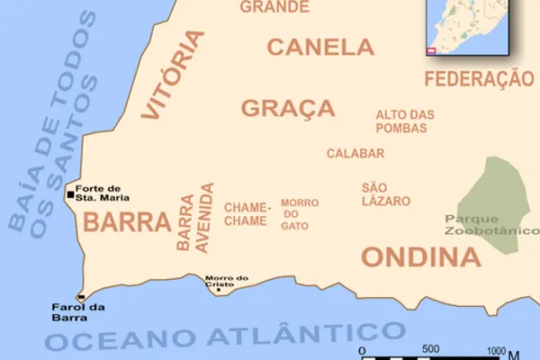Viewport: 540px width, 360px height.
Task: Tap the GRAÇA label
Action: pyautogui.click(x=288, y=108)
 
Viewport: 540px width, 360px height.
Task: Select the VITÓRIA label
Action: pyautogui.click(x=174, y=75)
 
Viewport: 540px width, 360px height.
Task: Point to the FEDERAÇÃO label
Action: pyautogui.click(x=479, y=79)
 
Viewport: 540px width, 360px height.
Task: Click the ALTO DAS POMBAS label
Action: pyautogui.click(x=405, y=121)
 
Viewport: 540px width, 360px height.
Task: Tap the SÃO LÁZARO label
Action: pyautogui.click(x=386, y=193)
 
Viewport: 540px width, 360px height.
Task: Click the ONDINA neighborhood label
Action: pyautogui.click(x=421, y=257)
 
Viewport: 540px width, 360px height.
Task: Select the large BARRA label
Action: pyautogui.click(x=127, y=222)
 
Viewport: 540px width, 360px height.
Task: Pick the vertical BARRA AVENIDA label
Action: pyautogui.click(x=196, y=220)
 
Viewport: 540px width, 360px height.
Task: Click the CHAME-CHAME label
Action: pyautogui.click(x=246, y=214)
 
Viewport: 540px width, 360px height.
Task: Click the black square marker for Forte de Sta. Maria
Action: pyautogui.click(x=71, y=193)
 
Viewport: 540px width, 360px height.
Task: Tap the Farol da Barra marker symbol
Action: pyautogui.click(x=81, y=297)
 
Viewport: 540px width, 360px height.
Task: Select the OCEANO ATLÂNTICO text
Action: pyautogui.click(x=225, y=336)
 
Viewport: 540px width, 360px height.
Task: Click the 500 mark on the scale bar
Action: pyautogui.click(x=430, y=349)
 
